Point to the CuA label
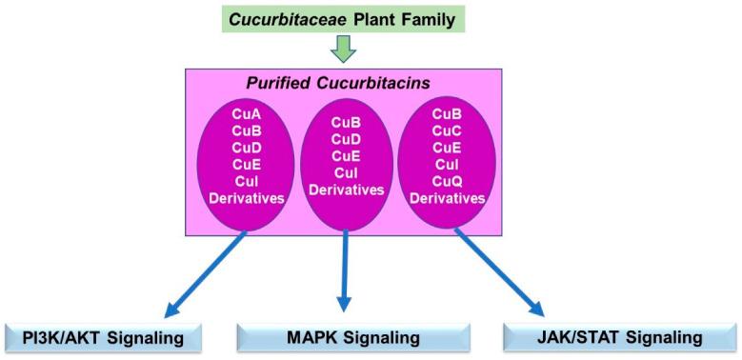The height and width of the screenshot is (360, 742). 246,113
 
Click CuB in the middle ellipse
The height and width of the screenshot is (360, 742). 346,122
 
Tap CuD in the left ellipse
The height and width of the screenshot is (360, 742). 246,148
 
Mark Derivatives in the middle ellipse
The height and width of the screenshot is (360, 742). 346,190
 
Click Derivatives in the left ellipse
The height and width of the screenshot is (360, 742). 246,198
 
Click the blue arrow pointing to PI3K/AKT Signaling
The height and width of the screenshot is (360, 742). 204,275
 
